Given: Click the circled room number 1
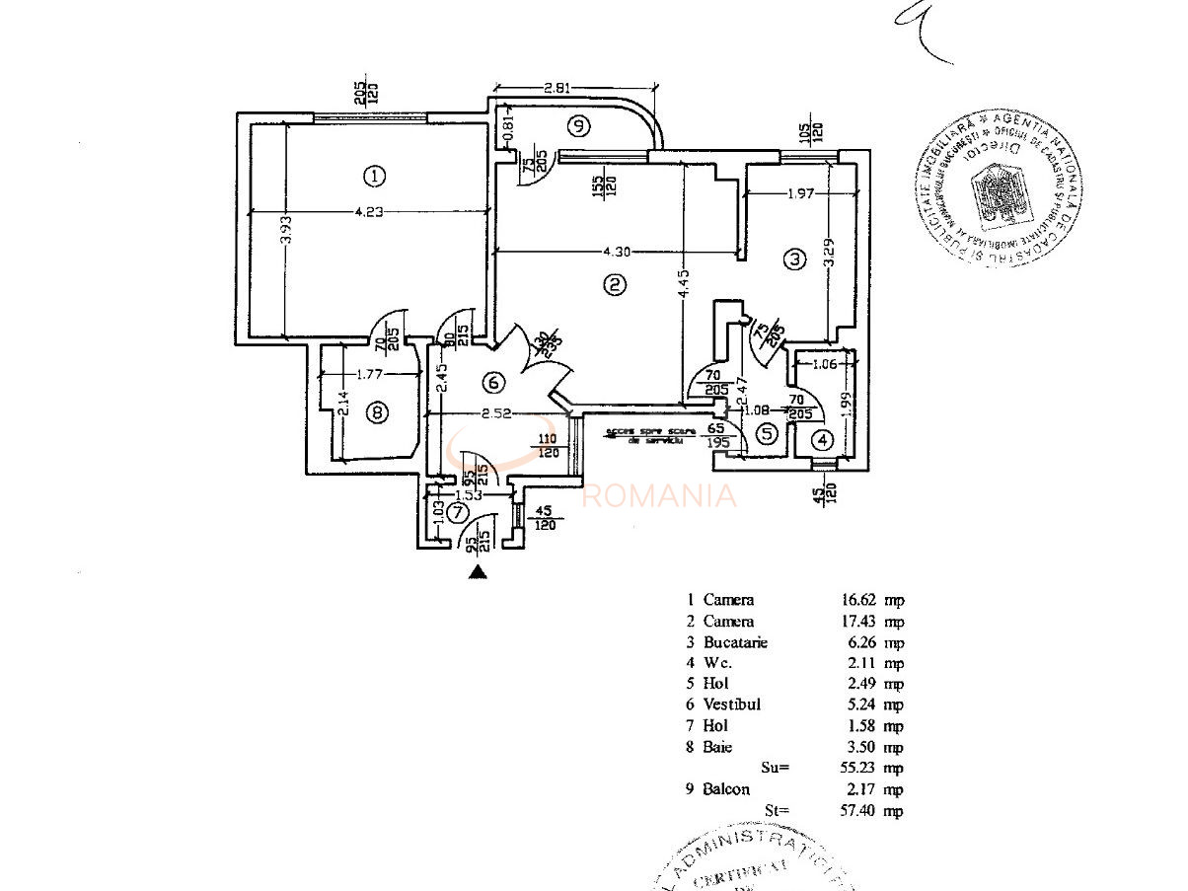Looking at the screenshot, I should pyautogui.click(x=373, y=177).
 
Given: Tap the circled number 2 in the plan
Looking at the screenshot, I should pyautogui.click(x=614, y=286).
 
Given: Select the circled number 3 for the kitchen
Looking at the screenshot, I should pyautogui.click(x=794, y=260).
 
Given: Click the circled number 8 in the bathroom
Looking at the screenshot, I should pyautogui.click(x=376, y=412).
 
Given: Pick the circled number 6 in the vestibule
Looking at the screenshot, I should pyautogui.click(x=493, y=382).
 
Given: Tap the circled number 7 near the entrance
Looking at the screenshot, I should pyautogui.click(x=456, y=512).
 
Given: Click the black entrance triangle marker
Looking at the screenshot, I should pyautogui.click(x=479, y=570).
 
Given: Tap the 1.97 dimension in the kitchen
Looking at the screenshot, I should pyautogui.click(x=800, y=193).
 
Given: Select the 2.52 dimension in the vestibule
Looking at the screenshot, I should pyautogui.click(x=494, y=414).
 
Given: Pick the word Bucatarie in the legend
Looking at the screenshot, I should pyautogui.click(x=735, y=642).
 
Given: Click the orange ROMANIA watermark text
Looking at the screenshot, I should pyautogui.click(x=659, y=495).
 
